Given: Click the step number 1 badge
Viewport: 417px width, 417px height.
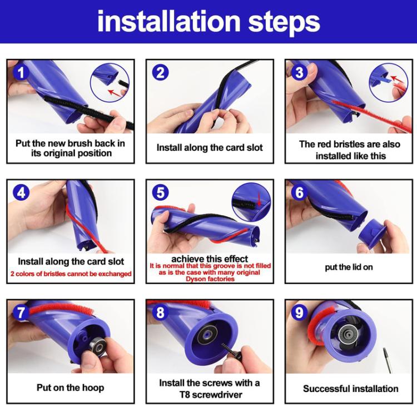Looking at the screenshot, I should tap(21, 72).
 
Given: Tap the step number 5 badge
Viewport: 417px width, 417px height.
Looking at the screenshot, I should tap(161, 192).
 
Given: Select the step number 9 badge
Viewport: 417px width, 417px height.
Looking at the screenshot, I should tap(299, 312).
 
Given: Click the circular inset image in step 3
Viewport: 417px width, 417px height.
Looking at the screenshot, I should tap(388, 81).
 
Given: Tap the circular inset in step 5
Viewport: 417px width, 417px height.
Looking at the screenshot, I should tap(251, 201).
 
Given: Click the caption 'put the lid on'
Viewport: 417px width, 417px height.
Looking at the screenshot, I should tap(349, 267).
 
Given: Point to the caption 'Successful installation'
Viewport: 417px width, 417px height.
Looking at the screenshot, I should tap(350, 388).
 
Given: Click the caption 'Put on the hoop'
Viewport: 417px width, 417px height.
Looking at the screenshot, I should tap(70, 388).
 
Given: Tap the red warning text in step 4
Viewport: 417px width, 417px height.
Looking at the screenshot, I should tap(71, 274).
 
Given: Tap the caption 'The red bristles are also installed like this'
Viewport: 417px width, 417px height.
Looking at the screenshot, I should tap(350, 150).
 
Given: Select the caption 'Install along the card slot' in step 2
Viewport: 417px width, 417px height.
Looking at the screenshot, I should tap(209, 148).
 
